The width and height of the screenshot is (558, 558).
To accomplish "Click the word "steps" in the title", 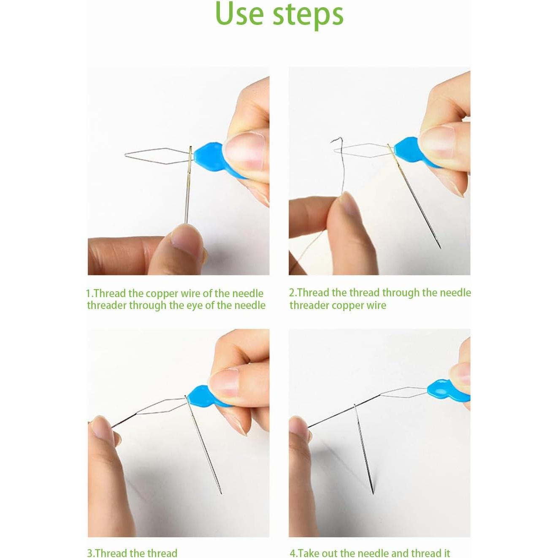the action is (x=308, y=16).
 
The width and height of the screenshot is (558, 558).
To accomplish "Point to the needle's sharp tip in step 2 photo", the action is (x=440, y=248).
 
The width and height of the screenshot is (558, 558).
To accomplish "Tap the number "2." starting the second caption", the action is (x=293, y=293).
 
